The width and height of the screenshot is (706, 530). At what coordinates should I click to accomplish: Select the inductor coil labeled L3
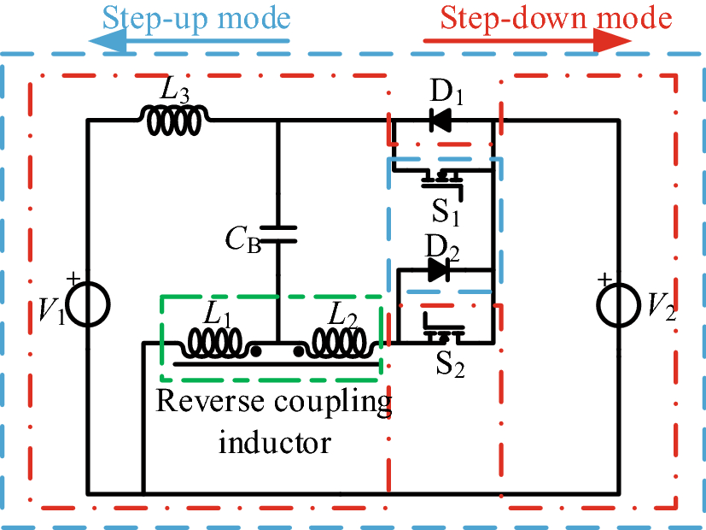pyautogui.click(x=175, y=121)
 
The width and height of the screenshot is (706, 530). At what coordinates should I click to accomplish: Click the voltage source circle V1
pyautogui.click(x=87, y=304)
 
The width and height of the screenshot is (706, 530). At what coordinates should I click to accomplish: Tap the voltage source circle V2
pyautogui.click(x=619, y=304)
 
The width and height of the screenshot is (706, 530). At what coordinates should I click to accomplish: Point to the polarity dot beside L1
pyautogui.click(x=255, y=350)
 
